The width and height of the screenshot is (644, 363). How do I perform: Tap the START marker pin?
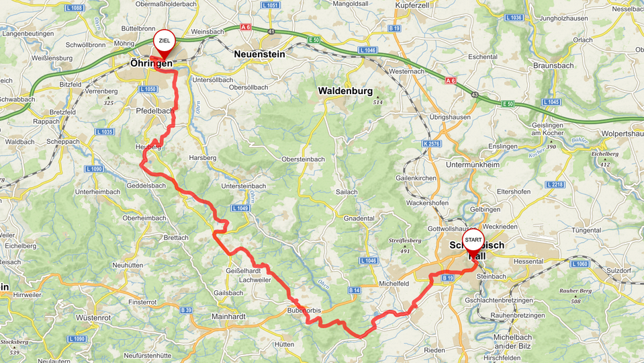(473, 241)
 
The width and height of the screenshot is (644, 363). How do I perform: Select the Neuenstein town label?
(259, 54)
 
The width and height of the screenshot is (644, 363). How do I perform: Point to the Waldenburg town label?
(345, 90)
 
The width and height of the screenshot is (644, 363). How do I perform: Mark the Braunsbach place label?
(553, 66)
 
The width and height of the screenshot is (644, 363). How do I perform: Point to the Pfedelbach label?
(155, 110)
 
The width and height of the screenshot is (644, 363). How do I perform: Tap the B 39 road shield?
(187, 310)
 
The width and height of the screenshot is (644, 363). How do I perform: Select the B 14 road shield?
(355, 290)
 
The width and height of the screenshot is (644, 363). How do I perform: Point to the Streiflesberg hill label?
(404, 240)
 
